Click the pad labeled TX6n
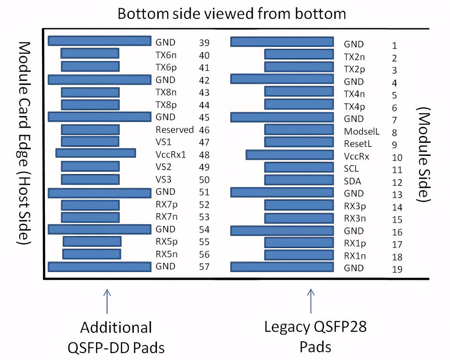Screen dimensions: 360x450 click(x=90, y=54)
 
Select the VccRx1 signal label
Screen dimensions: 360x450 click(x=171, y=155)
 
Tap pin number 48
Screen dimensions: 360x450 click(x=204, y=155)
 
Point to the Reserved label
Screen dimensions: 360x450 click(x=174, y=129)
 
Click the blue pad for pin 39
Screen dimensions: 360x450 click(x=99, y=41)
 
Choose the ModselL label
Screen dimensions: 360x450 click(x=362, y=132)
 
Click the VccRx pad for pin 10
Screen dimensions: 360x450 click(x=289, y=155)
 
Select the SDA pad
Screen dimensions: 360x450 click(x=299, y=180)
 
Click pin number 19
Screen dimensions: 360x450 click(x=396, y=270)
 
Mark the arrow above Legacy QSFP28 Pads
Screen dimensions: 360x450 click(x=311, y=302)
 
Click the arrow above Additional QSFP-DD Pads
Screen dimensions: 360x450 click(x=106, y=302)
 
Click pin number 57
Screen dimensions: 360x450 click(x=204, y=267)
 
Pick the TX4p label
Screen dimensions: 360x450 click(x=354, y=107)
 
